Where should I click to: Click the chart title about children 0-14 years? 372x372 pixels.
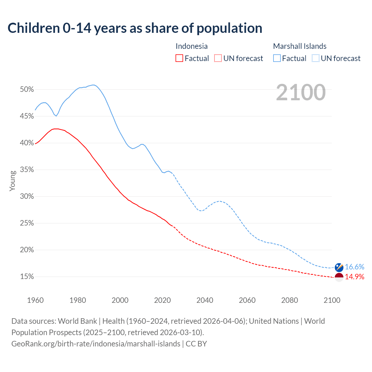click(135, 28)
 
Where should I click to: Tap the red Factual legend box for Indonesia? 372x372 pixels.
click(179, 58)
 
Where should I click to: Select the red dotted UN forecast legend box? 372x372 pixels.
click(218, 58)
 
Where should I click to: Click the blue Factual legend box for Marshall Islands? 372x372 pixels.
click(277, 58)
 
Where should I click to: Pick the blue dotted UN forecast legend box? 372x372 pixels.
click(315, 58)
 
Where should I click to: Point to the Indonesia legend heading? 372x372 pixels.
click(192, 46)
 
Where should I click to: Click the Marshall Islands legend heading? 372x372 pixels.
click(300, 46)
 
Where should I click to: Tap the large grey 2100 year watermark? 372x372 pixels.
click(301, 92)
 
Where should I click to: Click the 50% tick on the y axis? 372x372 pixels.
click(27, 90)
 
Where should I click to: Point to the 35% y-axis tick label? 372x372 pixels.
click(27, 170)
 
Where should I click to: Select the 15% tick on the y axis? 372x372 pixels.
click(27, 277)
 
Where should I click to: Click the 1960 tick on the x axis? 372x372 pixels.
click(35, 300)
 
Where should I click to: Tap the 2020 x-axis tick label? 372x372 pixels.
click(162, 300)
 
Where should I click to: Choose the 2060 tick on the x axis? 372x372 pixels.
click(247, 300)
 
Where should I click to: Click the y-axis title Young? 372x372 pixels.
click(12, 181)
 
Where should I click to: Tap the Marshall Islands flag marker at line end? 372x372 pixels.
click(339, 267)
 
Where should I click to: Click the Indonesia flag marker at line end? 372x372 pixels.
click(339, 277)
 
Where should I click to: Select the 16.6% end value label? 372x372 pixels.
click(355, 267)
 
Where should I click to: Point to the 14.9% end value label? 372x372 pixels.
click(355, 277)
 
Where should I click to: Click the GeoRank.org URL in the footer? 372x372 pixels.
click(96, 344)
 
